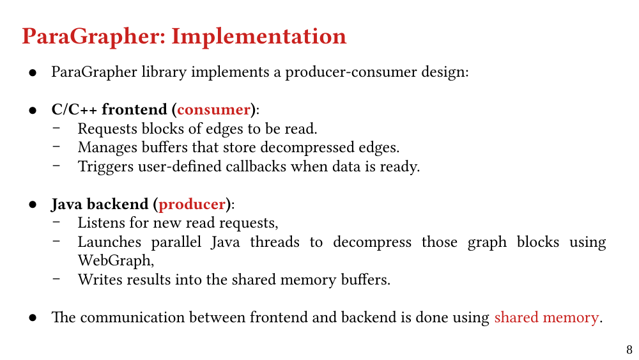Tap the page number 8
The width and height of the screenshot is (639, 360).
coord(629,349)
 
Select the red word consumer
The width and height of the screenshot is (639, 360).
coord(213,110)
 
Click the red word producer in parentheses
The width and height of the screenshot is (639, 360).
coord(192,204)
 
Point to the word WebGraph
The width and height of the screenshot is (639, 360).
coord(115,260)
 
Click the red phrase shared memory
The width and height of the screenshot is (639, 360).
coord(546,318)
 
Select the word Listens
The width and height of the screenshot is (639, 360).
coord(102,223)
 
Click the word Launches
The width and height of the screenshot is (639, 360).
coord(109,242)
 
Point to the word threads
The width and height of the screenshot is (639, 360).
coord(275,242)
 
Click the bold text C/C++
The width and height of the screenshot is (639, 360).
coord(74,110)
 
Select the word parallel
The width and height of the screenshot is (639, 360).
coord(176,242)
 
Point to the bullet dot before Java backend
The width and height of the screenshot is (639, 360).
coord(33,205)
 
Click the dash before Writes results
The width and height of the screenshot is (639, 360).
coord(56,279)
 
